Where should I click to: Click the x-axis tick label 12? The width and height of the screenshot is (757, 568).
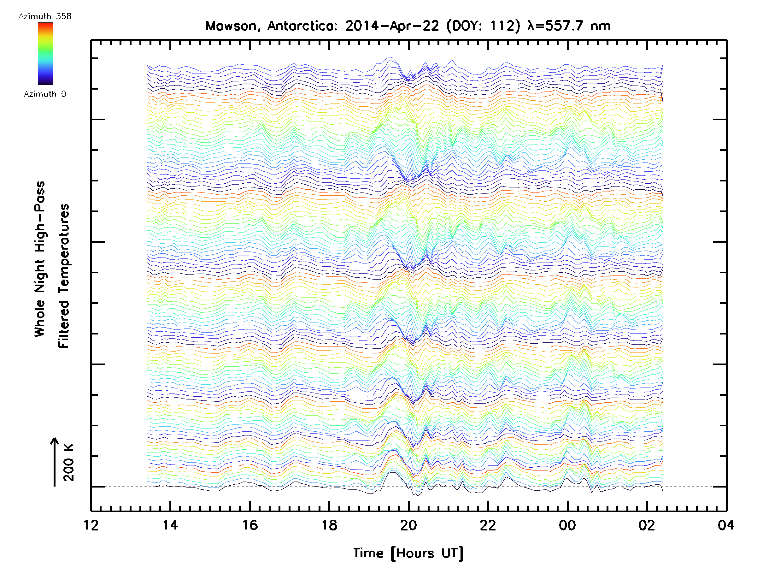tap(91, 525)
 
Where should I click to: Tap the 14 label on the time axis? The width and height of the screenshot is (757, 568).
tap(170, 525)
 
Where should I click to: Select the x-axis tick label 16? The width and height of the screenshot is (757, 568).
tap(250, 525)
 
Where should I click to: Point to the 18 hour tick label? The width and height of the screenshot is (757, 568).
tap(329, 525)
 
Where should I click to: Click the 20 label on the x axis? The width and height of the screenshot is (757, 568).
tap(408, 525)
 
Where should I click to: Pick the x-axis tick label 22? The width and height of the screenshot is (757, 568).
tap(488, 525)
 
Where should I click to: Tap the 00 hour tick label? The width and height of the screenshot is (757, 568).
tap(567, 525)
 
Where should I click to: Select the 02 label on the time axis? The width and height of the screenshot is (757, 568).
tap(647, 525)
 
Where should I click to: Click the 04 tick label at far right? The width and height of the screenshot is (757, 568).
tap(726, 525)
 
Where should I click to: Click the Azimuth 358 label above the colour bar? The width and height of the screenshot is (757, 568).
tap(45, 16)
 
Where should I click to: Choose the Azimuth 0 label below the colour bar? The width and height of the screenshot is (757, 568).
tap(45, 94)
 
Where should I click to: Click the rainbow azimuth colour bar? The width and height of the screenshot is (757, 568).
tap(45, 54)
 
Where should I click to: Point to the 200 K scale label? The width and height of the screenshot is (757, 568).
tap(69, 463)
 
